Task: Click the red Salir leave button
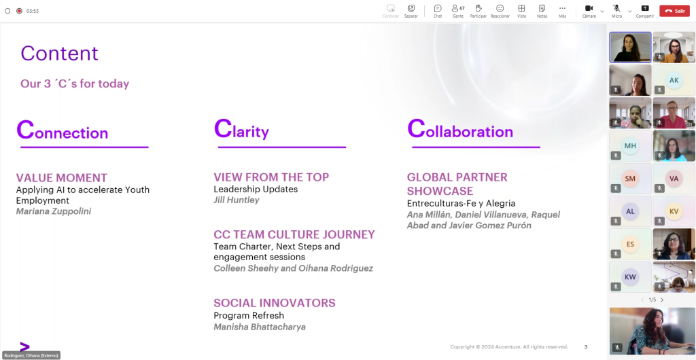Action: pyautogui.click(x=674, y=11)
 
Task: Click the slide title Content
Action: pyautogui.click(x=59, y=53)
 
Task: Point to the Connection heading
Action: pyautogui.click(x=62, y=130)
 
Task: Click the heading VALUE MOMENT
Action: pyautogui.click(x=62, y=178)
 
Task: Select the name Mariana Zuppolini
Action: pyautogui.click(x=54, y=211)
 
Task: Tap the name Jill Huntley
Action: pyautogui.click(x=237, y=200)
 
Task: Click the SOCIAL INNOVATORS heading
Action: pyautogui.click(x=275, y=303)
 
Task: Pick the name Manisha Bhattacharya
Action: pyautogui.click(x=260, y=327)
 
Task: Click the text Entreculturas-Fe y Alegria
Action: pyautogui.click(x=462, y=203)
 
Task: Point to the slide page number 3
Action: pyautogui.click(x=586, y=346)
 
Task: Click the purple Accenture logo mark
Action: pyautogui.click(x=25, y=346)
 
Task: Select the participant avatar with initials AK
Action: pyautogui.click(x=674, y=80)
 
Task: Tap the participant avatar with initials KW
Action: pyautogui.click(x=630, y=277)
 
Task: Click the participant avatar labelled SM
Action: pyautogui.click(x=630, y=179)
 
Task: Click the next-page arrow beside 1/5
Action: pyautogui.click(x=662, y=300)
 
